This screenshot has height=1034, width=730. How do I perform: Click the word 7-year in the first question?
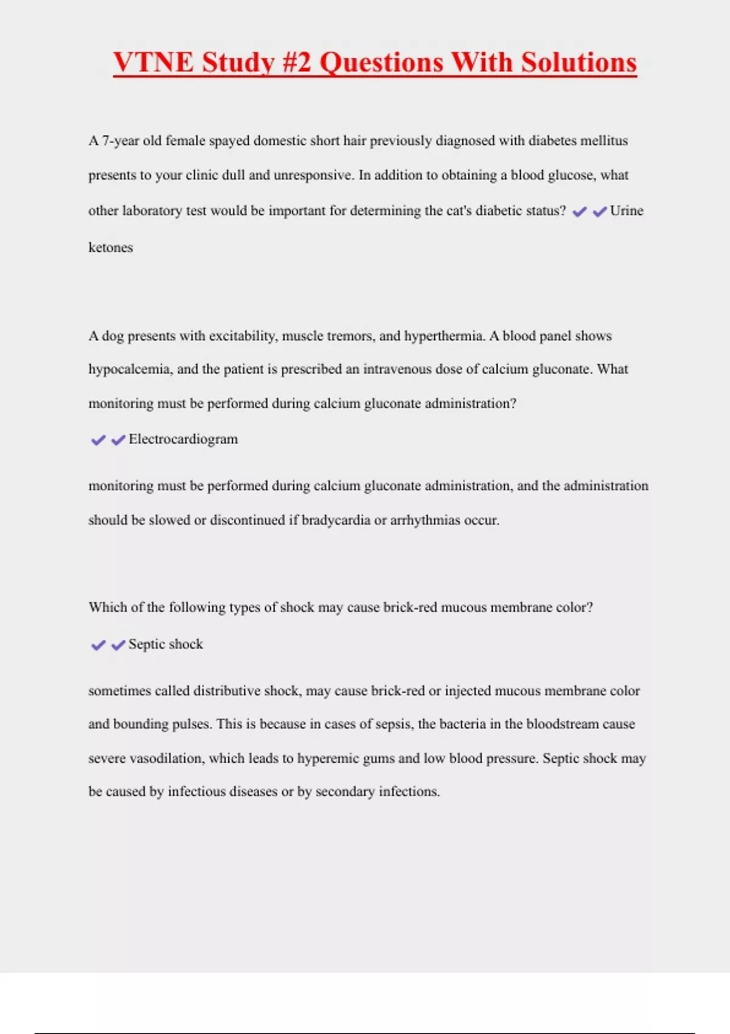[x=120, y=141]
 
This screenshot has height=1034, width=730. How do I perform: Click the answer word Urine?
[x=627, y=211]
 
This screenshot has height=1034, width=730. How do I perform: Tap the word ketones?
[x=111, y=248]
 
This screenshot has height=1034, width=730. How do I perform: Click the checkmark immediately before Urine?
[x=600, y=212]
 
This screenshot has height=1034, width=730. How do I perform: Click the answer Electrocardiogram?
[x=183, y=440]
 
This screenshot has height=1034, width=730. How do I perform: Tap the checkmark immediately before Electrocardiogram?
[x=118, y=440]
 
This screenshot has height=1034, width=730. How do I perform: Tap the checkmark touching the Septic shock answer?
[x=118, y=645]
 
